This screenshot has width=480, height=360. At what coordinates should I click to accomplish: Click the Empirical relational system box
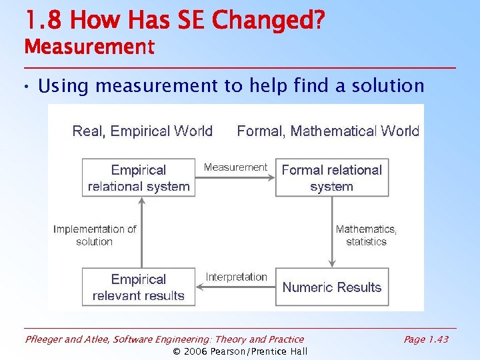pos(139,177)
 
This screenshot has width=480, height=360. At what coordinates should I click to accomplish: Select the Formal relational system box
pos(331,177)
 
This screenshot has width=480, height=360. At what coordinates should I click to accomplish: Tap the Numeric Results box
pos(331,287)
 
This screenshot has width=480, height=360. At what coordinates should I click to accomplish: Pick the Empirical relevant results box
pos(139,287)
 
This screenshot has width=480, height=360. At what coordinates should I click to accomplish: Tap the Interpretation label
pos(236,277)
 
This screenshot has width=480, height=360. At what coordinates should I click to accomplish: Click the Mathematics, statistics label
pos(366,235)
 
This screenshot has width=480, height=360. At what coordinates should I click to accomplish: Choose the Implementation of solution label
pos(95,235)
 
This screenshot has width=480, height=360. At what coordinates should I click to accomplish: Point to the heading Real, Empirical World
pos(142,131)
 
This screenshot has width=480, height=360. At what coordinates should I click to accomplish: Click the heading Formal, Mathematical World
pos(328,131)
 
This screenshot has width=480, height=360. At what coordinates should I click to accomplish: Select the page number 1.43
pos(437,339)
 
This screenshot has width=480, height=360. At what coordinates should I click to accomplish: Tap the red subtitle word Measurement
pos(89,47)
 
